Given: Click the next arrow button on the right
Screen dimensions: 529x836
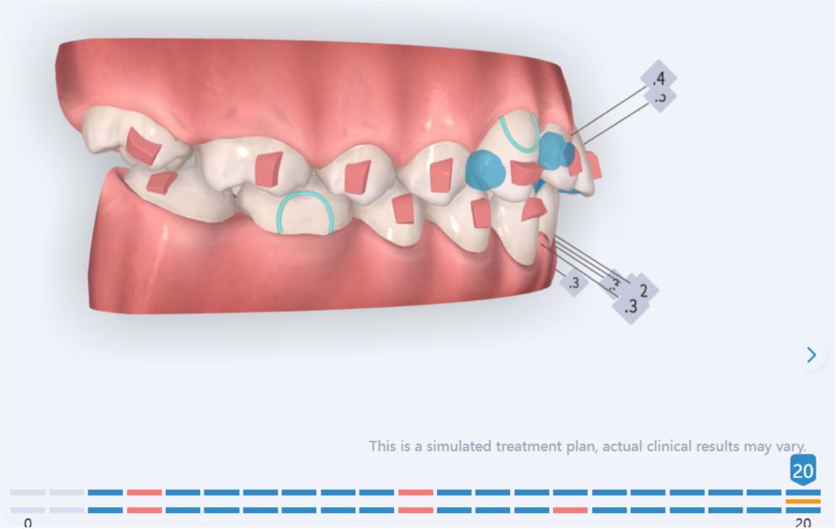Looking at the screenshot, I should click(x=812, y=355).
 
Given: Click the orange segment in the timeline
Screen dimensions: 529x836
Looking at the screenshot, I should click(x=802, y=501).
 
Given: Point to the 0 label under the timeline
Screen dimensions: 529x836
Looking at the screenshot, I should click(x=28, y=523).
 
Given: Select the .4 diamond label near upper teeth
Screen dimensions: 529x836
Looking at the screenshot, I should click(x=658, y=78).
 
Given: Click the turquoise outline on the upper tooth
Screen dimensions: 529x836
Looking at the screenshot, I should click(x=519, y=132).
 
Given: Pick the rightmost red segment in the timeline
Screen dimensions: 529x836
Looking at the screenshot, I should click(x=570, y=510).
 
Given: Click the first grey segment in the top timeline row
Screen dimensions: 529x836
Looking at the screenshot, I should click(x=28, y=492).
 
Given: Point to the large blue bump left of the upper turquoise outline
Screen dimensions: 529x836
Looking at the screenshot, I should click(x=484, y=167).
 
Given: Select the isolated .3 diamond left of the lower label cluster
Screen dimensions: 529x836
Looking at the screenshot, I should click(x=573, y=283).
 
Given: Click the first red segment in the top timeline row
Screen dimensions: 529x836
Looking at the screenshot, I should click(x=144, y=492).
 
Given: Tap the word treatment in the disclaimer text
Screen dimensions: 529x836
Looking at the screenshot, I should click(x=524, y=446).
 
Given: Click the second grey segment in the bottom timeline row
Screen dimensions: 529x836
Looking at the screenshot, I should click(x=67, y=510).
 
